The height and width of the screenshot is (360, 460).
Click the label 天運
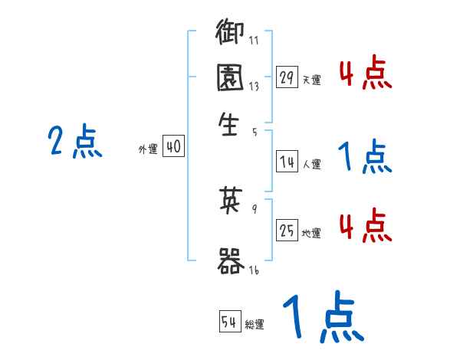tap(311, 80)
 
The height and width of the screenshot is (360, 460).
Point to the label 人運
tap(311, 164)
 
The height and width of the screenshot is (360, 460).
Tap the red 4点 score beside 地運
tap(364, 227)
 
